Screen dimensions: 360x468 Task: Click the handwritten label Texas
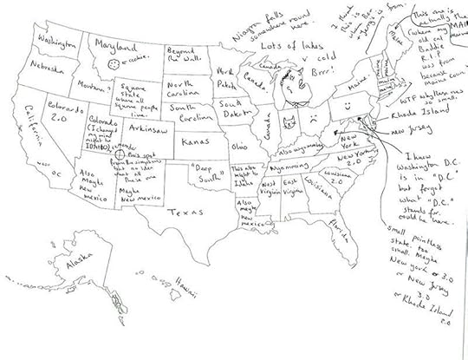point(184,211)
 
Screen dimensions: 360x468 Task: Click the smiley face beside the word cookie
point(113,62)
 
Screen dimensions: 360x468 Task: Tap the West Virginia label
point(271,191)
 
